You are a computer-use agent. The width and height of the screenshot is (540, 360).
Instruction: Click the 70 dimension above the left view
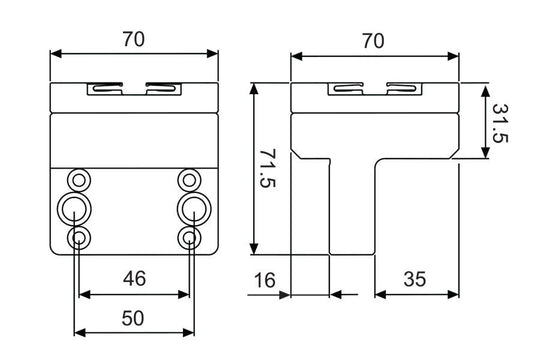coord(133,39)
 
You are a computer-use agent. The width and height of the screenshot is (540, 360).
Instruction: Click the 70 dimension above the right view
coord(372,40)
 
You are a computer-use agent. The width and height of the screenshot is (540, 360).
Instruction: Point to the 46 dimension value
coord(133,279)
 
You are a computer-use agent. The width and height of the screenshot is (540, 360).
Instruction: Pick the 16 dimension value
coord(265,280)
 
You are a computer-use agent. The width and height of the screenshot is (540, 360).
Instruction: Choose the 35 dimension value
coord(415,280)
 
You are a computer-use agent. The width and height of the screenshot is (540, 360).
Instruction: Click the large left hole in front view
coord(76,209)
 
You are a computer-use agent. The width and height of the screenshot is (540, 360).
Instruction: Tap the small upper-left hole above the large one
coord(78,180)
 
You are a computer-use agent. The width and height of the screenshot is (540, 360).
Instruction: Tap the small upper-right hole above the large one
coord(188,180)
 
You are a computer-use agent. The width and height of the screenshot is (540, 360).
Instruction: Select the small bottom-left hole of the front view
coord(78,238)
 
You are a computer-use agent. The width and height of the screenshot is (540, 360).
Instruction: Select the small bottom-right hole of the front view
coord(188,238)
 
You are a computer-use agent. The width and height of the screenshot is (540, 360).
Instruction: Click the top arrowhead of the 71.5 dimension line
coord(257,87)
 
